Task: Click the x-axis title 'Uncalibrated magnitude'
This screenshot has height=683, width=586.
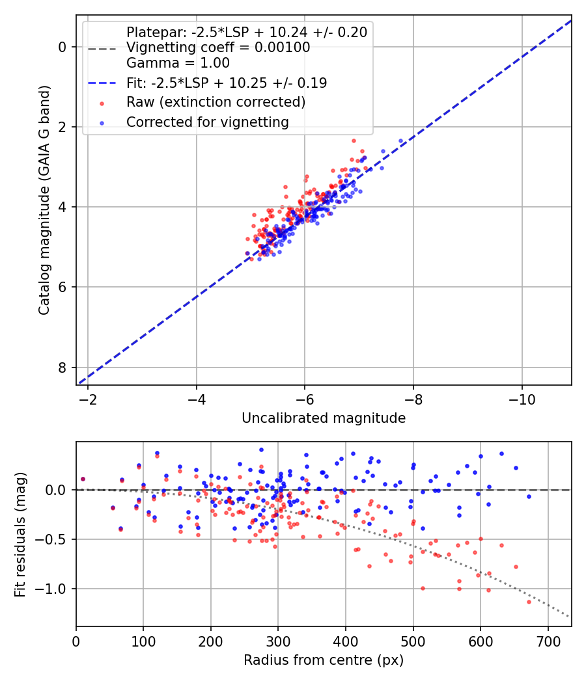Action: tap(324, 418)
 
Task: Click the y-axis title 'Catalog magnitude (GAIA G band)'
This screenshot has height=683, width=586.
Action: tap(44, 199)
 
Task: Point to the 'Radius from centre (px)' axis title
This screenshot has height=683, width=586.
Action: tap(324, 660)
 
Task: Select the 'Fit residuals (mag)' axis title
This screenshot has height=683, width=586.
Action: tap(20, 534)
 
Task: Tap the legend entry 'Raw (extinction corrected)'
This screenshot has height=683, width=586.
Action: tap(216, 102)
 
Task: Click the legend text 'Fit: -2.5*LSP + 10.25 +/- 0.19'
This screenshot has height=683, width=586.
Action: tap(227, 83)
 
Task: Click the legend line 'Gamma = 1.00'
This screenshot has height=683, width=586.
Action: tap(178, 63)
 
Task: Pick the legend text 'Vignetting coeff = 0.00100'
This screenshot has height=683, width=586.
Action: tap(218, 47)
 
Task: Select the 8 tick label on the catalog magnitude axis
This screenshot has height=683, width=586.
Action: tap(63, 368)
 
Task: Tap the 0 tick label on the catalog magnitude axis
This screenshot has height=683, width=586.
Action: tap(63, 47)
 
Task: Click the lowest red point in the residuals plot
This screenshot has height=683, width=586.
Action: tap(529, 602)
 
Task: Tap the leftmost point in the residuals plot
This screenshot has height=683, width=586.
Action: tap(83, 479)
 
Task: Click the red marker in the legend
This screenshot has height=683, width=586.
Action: tap(102, 103)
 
